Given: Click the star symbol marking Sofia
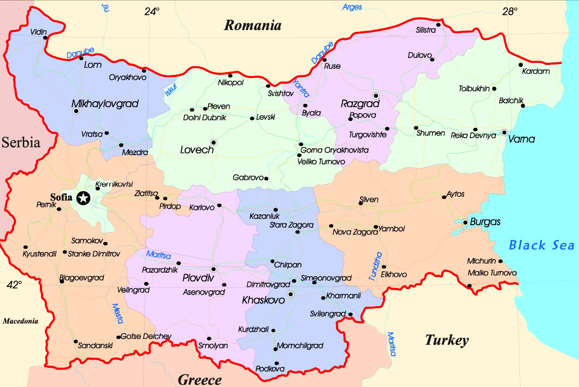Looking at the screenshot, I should [84, 198].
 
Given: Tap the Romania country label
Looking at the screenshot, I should [253, 25].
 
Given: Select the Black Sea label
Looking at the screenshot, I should [541, 245].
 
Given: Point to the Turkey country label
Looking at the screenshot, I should [447, 341].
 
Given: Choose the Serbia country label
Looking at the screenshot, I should [21, 143].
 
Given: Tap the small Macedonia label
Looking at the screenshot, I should [20, 321].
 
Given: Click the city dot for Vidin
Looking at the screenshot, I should [45, 38].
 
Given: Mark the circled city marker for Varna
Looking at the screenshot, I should [504, 132].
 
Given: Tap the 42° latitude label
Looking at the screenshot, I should [14, 284].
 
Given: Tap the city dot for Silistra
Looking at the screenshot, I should [438, 24].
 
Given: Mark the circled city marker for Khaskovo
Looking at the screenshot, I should [291, 294].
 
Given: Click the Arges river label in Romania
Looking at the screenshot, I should [352, 7].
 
